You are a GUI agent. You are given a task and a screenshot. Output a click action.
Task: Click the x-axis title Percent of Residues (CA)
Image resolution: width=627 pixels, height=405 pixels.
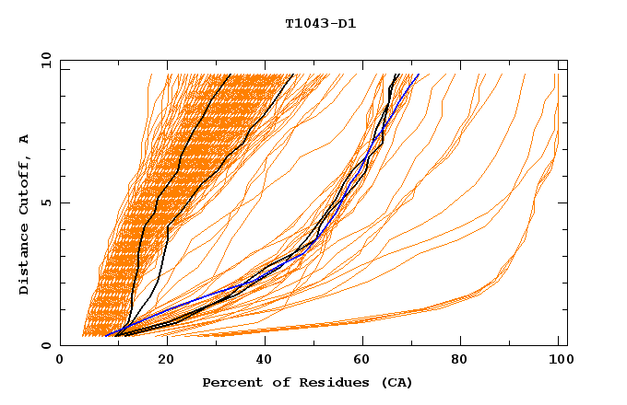click(307, 382)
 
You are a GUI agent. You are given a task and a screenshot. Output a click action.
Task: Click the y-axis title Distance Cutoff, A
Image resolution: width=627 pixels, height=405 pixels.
click(25, 214)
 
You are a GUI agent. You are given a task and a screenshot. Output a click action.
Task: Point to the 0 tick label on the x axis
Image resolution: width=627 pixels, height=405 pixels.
click(60, 360)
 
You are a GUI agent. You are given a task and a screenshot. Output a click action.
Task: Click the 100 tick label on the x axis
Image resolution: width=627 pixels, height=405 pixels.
click(559, 360)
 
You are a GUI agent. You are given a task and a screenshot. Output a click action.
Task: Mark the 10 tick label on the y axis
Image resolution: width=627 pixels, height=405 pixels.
click(46, 60)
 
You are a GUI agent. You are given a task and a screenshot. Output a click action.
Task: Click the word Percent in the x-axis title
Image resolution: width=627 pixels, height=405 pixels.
click(230, 382)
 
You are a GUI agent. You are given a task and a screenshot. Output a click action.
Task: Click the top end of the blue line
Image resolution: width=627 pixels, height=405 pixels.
click(419, 75)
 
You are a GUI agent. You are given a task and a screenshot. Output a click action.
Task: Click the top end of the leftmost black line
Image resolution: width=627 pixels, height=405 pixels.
click(231, 75)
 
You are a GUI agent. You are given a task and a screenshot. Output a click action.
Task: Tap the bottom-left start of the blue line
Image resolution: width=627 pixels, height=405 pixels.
click(106, 335)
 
